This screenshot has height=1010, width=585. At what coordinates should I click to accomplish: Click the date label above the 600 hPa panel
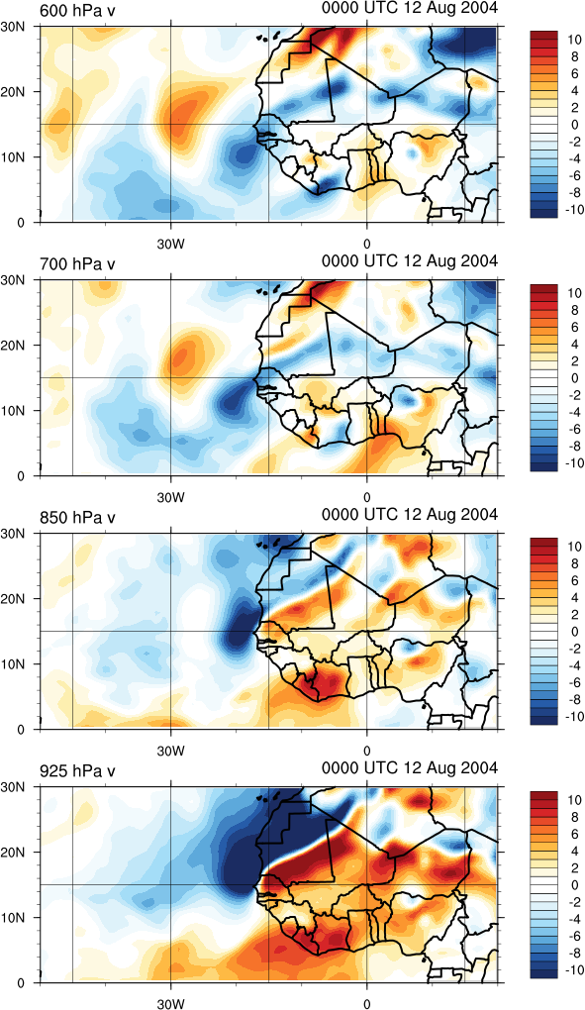(x=410, y=8)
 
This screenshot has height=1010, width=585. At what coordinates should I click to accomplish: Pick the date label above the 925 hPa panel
(x=410, y=767)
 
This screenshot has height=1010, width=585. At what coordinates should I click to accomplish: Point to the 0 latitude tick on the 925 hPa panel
(x=30, y=983)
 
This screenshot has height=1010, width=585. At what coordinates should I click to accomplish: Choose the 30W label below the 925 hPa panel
(x=170, y=1003)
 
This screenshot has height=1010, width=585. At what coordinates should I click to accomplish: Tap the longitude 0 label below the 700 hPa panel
(x=367, y=497)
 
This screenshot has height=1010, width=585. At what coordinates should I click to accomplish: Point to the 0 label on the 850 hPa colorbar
(x=572, y=631)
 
